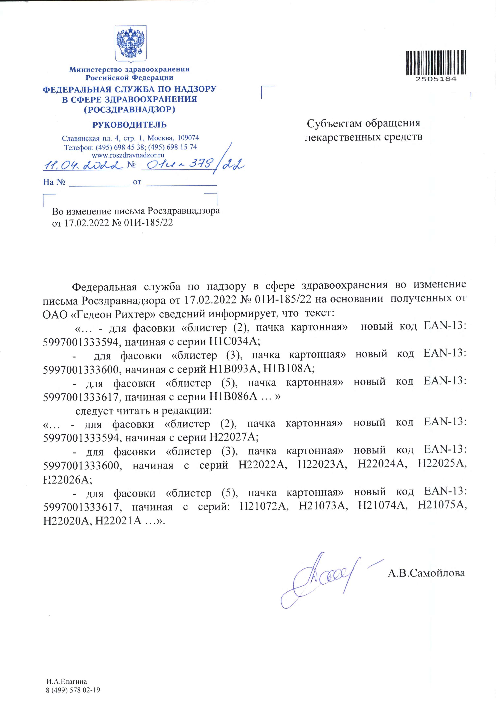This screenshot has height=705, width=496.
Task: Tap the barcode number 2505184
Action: (x=436, y=79)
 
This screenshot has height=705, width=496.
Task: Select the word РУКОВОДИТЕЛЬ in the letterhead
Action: (x=129, y=125)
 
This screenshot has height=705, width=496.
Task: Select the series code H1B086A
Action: (x=233, y=397)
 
